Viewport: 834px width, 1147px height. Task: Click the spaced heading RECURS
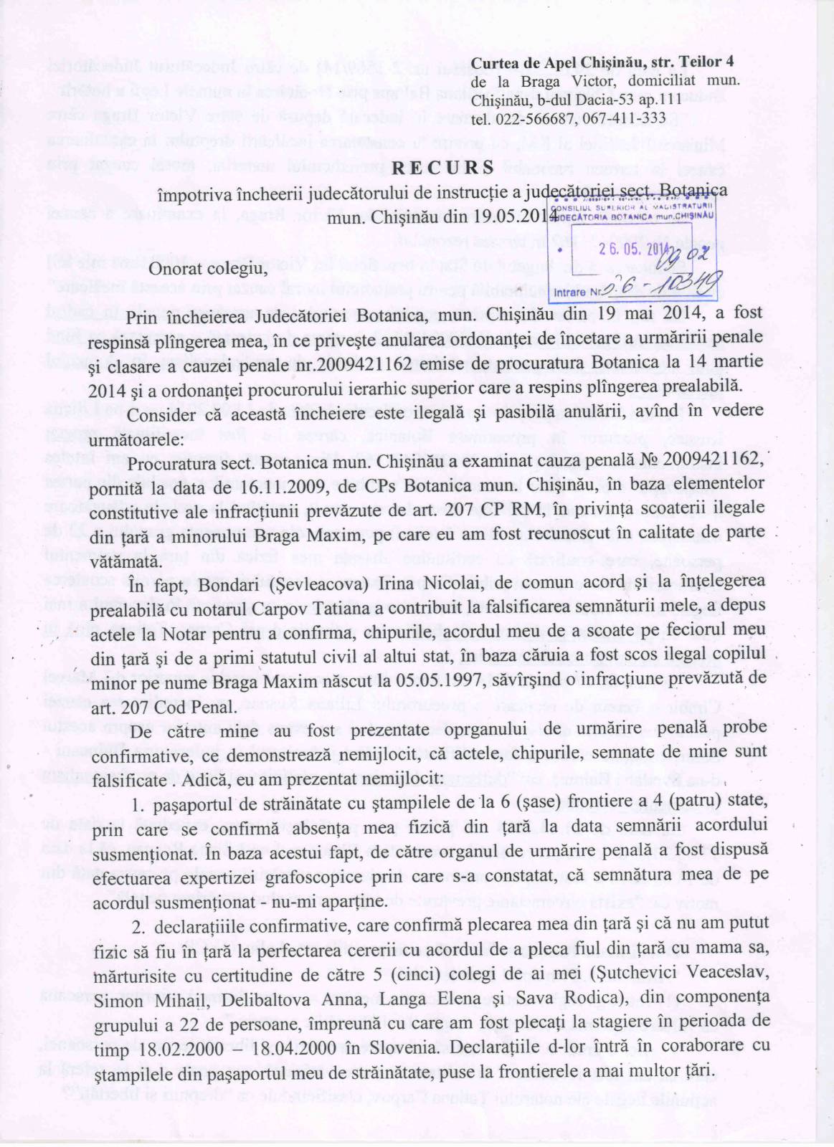442,168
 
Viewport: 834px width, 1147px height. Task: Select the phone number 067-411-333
625,118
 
